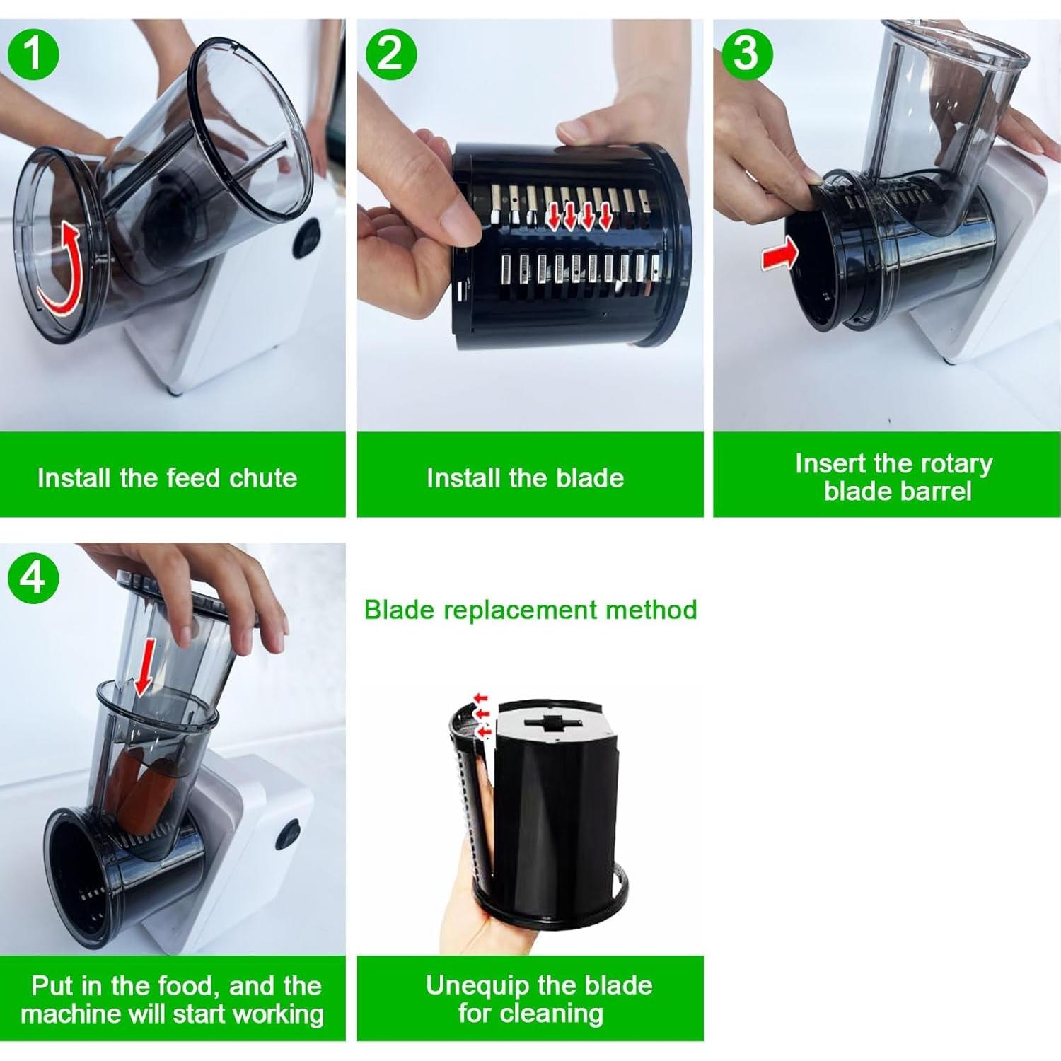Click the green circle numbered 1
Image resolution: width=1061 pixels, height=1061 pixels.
tap(33, 53)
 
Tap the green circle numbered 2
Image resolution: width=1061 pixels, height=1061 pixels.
tap(390, 53)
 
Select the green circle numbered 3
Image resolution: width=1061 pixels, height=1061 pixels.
tap(746, 53)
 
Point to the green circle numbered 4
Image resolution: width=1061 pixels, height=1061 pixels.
tap(33, 577)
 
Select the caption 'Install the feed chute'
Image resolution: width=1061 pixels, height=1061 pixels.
tap(167, 478)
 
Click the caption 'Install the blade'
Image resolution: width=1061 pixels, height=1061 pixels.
tap(526, 478)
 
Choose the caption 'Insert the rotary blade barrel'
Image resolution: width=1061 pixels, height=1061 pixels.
tap(895, 477)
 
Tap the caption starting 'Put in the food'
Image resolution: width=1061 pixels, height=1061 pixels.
tap(173, 999)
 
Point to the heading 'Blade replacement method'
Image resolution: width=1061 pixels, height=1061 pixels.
tap(530, 610)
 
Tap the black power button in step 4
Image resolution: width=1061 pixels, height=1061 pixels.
tap(288, 833)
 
